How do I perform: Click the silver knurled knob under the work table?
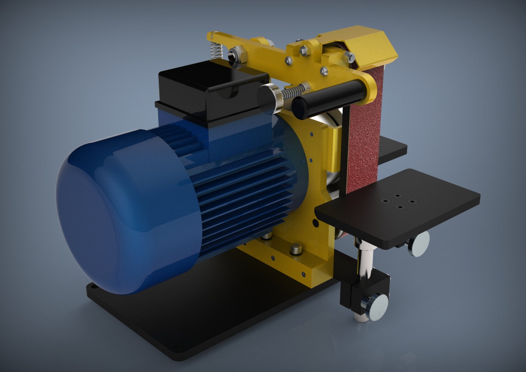click(419, 244)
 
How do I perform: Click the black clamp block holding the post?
click(354, 292)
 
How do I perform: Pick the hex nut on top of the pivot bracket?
click(303, 50)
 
